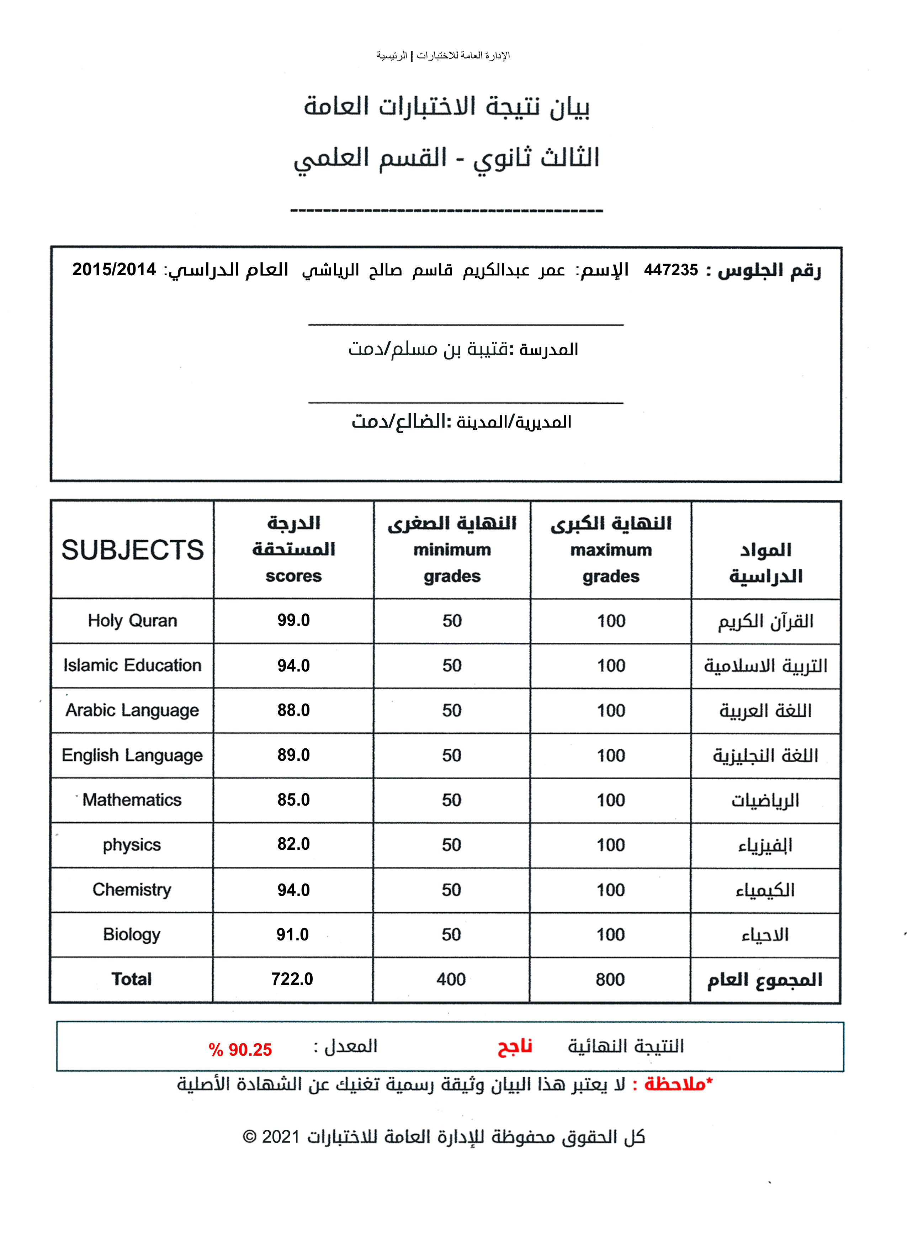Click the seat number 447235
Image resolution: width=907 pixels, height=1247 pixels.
pyautogui.click(x=670, y=270)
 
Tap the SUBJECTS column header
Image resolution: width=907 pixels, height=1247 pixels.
pyautogui.click(x=132, y=550)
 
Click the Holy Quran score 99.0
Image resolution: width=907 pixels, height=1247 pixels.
pyautogui.click(x=293, y=620)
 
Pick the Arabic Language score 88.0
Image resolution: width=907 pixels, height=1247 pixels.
pyautogui.click(x=293, y=710)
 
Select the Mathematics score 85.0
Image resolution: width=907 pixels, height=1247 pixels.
pyautogui.click(x=293, y=800)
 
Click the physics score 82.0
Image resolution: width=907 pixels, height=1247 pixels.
pyautogui.click(x=293, y=844)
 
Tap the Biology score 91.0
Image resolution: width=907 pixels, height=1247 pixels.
pyautogui.click(x=292, y=934)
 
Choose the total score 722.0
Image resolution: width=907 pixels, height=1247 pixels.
pyautogui.click(x=292, y=979)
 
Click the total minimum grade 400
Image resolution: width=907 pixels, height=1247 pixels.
pyautogui.click(x=451, y=979)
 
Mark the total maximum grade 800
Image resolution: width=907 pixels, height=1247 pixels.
pyautogui.click(x=610, y=979)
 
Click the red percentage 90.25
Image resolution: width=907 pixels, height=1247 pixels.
pyautogui.click(x=241, y=1050)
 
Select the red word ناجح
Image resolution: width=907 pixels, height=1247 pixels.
pyautogui.click(x=515, y=1046)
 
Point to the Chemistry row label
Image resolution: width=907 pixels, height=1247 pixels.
pyautogui.click(x=132, y=889)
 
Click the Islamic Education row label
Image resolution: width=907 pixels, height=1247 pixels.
pyautogui.click(x=132, y=665)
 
